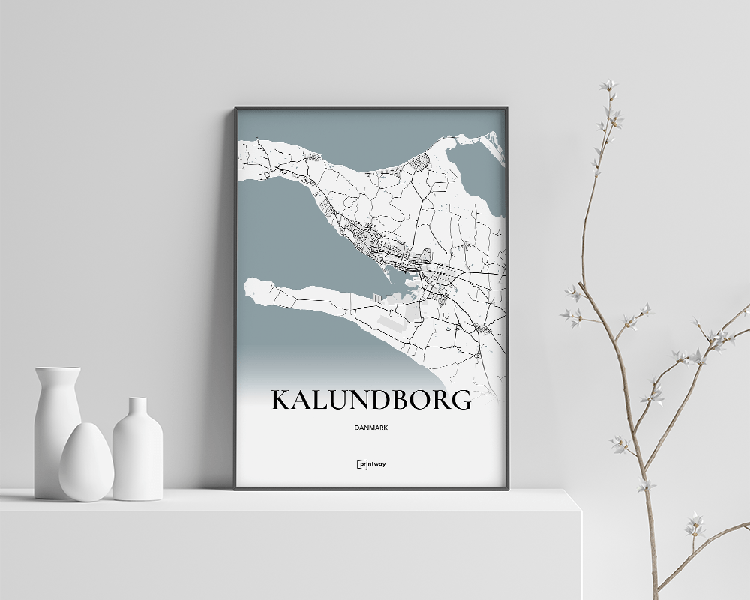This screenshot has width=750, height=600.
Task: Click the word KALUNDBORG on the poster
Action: tap(371, 400)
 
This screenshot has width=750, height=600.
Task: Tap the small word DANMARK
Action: tap(371, 427)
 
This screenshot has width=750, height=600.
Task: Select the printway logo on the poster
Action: tap(371, 464)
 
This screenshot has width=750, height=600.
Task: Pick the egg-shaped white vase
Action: tap(85, 463)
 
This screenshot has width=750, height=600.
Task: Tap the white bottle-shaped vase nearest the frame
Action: tap(137, 450)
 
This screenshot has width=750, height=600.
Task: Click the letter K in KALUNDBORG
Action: tap(280, 400)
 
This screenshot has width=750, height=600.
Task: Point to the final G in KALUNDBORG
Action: tap(461, 400)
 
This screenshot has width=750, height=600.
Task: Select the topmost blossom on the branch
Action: tap(609, 85)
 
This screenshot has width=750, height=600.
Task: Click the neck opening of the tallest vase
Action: tap(58, 369)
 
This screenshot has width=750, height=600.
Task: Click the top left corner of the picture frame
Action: tap(235, 108)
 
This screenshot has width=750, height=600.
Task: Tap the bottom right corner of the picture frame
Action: tap(507, 488)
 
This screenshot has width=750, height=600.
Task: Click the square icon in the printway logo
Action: tap(360, 464)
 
